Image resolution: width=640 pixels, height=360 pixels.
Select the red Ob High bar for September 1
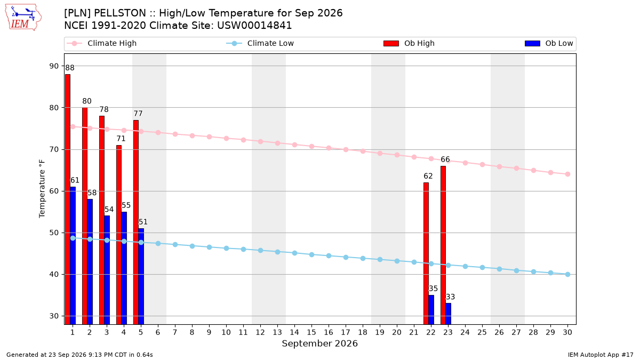pyautogui.click(x=68, y=199)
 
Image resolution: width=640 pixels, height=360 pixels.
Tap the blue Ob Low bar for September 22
pyautogui.click(x=431, y=310)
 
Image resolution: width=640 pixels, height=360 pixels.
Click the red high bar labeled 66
pyautogui.click(x=443, y=245)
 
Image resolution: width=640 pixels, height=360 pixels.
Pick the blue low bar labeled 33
pyautogui.click(x=449, y=314)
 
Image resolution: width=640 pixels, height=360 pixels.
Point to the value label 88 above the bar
pyautogui.click(x=70, y=68)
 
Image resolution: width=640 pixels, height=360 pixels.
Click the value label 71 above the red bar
pyautogui.click(x=121, y=139)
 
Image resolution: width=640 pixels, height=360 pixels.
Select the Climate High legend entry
pyautogui.click(x=102, y=43)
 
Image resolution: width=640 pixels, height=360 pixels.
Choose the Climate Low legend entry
pyautogui.click(x=260, y=43)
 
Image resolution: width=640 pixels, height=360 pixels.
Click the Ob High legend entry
pyautogui.click(x=409, y=43)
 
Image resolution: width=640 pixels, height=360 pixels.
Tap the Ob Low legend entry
pyautogui.click(x=549, y=43)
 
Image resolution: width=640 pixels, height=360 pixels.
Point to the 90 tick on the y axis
pyautogui.click(x=54, y=66)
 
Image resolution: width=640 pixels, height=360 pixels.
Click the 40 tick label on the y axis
pyautogui.click(x=54, y=274)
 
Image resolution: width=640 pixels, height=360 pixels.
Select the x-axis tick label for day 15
pyautogui.click(x=311, y=332)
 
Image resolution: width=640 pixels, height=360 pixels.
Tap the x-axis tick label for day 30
pyautogui.click(x=567, y=332)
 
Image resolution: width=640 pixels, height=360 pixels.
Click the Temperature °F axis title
pyautogui.click(x=42, y=189)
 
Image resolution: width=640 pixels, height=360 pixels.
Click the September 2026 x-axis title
pyautogui.click(x=319, y=343)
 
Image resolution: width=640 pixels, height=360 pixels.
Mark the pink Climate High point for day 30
pyautogui.click(x=567, y=174)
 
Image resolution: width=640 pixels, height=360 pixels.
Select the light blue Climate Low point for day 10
pyautogui.click(x=226, y=249)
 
